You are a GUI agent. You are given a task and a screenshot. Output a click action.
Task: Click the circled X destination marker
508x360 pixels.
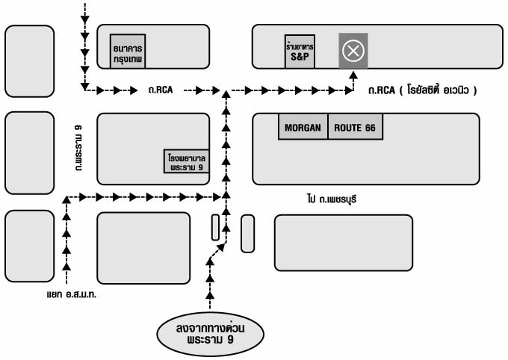point(353,51)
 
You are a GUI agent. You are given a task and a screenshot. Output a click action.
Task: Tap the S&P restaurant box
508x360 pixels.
point(300,50)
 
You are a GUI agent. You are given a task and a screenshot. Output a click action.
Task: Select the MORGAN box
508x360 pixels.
point(303,128)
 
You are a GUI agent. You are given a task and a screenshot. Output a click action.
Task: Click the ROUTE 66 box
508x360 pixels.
point(355,128)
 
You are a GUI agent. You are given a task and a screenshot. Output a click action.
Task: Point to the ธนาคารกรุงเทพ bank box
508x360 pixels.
point(127,51)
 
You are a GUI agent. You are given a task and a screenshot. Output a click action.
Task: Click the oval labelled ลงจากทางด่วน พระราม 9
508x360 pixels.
point(211,334)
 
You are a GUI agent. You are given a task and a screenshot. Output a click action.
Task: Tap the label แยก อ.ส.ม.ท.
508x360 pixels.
point(72,294)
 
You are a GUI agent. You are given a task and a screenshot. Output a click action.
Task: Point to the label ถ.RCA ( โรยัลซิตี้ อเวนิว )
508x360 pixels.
point(423,90)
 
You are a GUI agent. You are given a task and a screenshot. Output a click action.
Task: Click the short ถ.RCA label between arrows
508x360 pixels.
point(161,90)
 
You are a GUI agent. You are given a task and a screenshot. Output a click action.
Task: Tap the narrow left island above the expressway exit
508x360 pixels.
point(215,228)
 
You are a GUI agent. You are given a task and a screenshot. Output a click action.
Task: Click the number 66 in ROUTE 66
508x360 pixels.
point(370,128)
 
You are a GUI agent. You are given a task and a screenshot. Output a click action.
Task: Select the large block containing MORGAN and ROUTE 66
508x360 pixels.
point(366,161)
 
